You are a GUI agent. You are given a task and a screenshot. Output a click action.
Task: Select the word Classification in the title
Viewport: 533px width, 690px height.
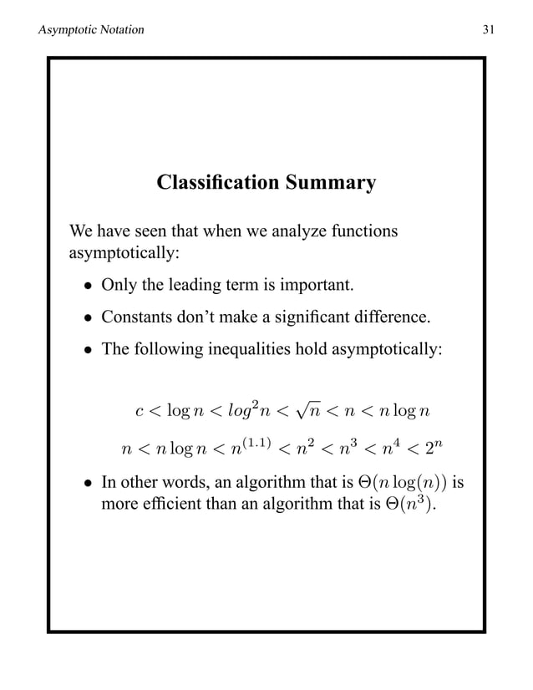click(209, 182)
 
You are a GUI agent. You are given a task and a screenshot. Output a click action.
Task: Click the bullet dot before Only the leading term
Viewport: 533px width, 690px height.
click(87, 288)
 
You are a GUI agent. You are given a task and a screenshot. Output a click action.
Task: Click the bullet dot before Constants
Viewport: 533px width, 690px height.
click(87, 319)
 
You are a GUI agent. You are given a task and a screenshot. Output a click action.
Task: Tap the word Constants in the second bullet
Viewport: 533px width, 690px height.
click(135, 317)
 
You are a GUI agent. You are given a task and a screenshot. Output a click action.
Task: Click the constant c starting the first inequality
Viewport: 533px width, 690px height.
click(139, 410)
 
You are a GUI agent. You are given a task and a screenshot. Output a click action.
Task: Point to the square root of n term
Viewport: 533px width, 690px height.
click(309, 409)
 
